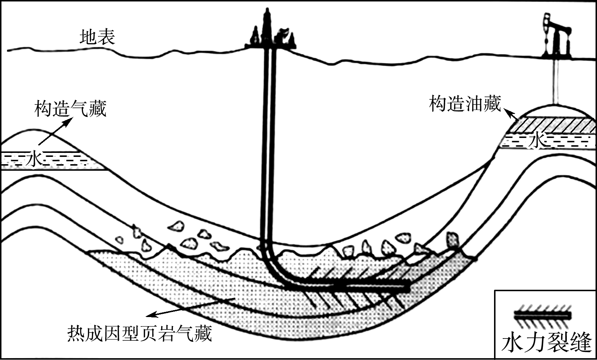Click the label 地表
point(97,37)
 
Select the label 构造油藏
point(465,104)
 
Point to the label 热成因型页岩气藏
point(139,333)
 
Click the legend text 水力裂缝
point(546,342)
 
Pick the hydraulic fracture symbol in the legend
point(542,316)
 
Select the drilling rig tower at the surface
point(268,29)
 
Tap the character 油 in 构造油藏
point(474,104)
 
